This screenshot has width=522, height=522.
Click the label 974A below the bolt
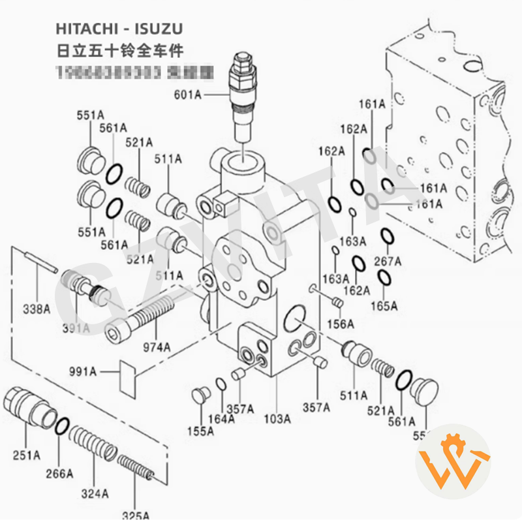157,346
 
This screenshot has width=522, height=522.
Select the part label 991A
83,372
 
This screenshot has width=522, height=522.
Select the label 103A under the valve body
277,420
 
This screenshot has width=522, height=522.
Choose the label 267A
388,262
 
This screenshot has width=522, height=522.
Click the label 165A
384,305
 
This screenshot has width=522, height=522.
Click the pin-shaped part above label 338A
41,261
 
